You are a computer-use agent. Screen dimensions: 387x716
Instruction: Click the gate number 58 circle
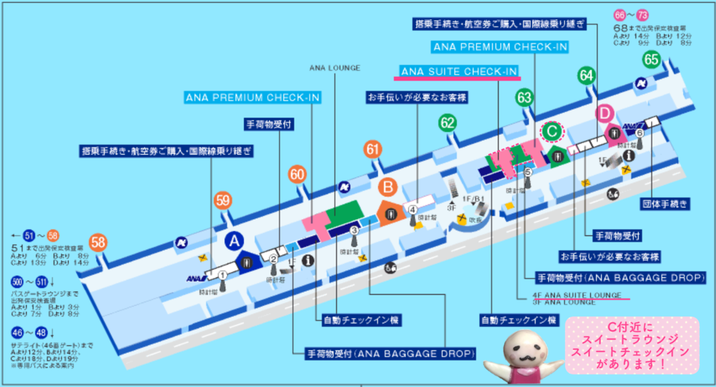click(99, 243)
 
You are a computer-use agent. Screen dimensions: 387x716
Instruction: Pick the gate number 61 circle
click(373, 149)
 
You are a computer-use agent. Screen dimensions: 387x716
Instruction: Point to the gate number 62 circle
click(448, 123)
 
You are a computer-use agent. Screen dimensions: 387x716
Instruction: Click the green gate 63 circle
click(524, 97)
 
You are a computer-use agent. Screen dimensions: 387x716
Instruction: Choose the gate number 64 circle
click(586, 75)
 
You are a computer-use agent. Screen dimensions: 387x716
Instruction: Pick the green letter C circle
click(552, 130)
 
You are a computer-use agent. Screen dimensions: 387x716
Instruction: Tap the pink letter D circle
click(606, 112)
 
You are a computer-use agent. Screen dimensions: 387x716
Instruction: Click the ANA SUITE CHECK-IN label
click(459, 71)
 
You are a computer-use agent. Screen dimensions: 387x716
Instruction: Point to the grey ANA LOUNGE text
click(334, 68)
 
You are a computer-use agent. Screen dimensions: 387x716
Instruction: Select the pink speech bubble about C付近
click(632, 344)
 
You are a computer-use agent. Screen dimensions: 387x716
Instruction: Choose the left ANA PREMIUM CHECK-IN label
click(252, 97)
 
